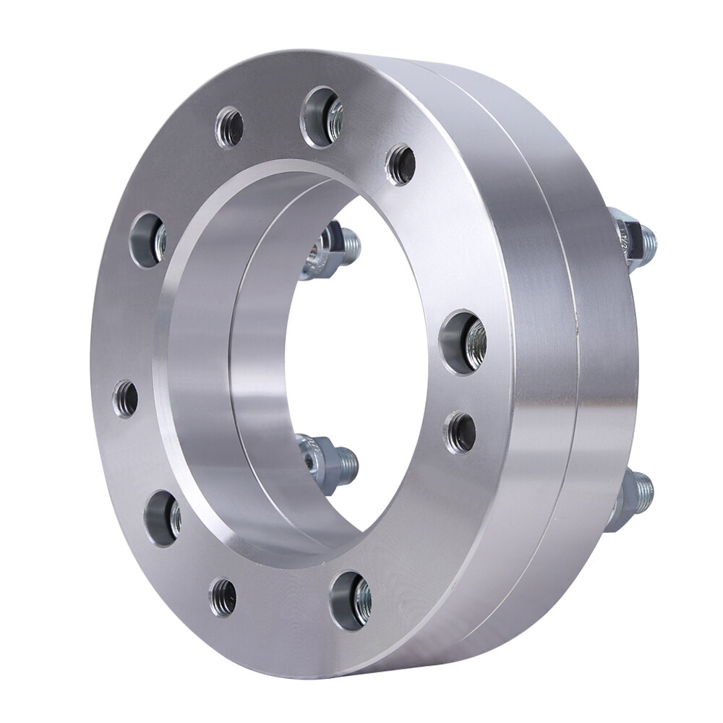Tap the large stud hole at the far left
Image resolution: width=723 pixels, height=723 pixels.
(147, 239)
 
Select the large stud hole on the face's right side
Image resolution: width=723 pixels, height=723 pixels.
(463, 341)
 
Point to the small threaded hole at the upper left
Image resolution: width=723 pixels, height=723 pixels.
(230, 127)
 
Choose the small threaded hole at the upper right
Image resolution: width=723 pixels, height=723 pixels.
(401, 165)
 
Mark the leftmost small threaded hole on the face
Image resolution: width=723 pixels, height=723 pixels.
(125, 398)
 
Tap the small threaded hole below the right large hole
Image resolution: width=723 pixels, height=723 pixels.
(461, 432)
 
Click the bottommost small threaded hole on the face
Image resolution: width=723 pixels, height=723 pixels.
(223, 596)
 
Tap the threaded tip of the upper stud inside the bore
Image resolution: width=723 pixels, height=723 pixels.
(351, 245)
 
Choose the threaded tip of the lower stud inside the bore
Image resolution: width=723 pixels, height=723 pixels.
(348, 463)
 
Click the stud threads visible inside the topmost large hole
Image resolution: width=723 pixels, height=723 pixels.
(335, 119)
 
